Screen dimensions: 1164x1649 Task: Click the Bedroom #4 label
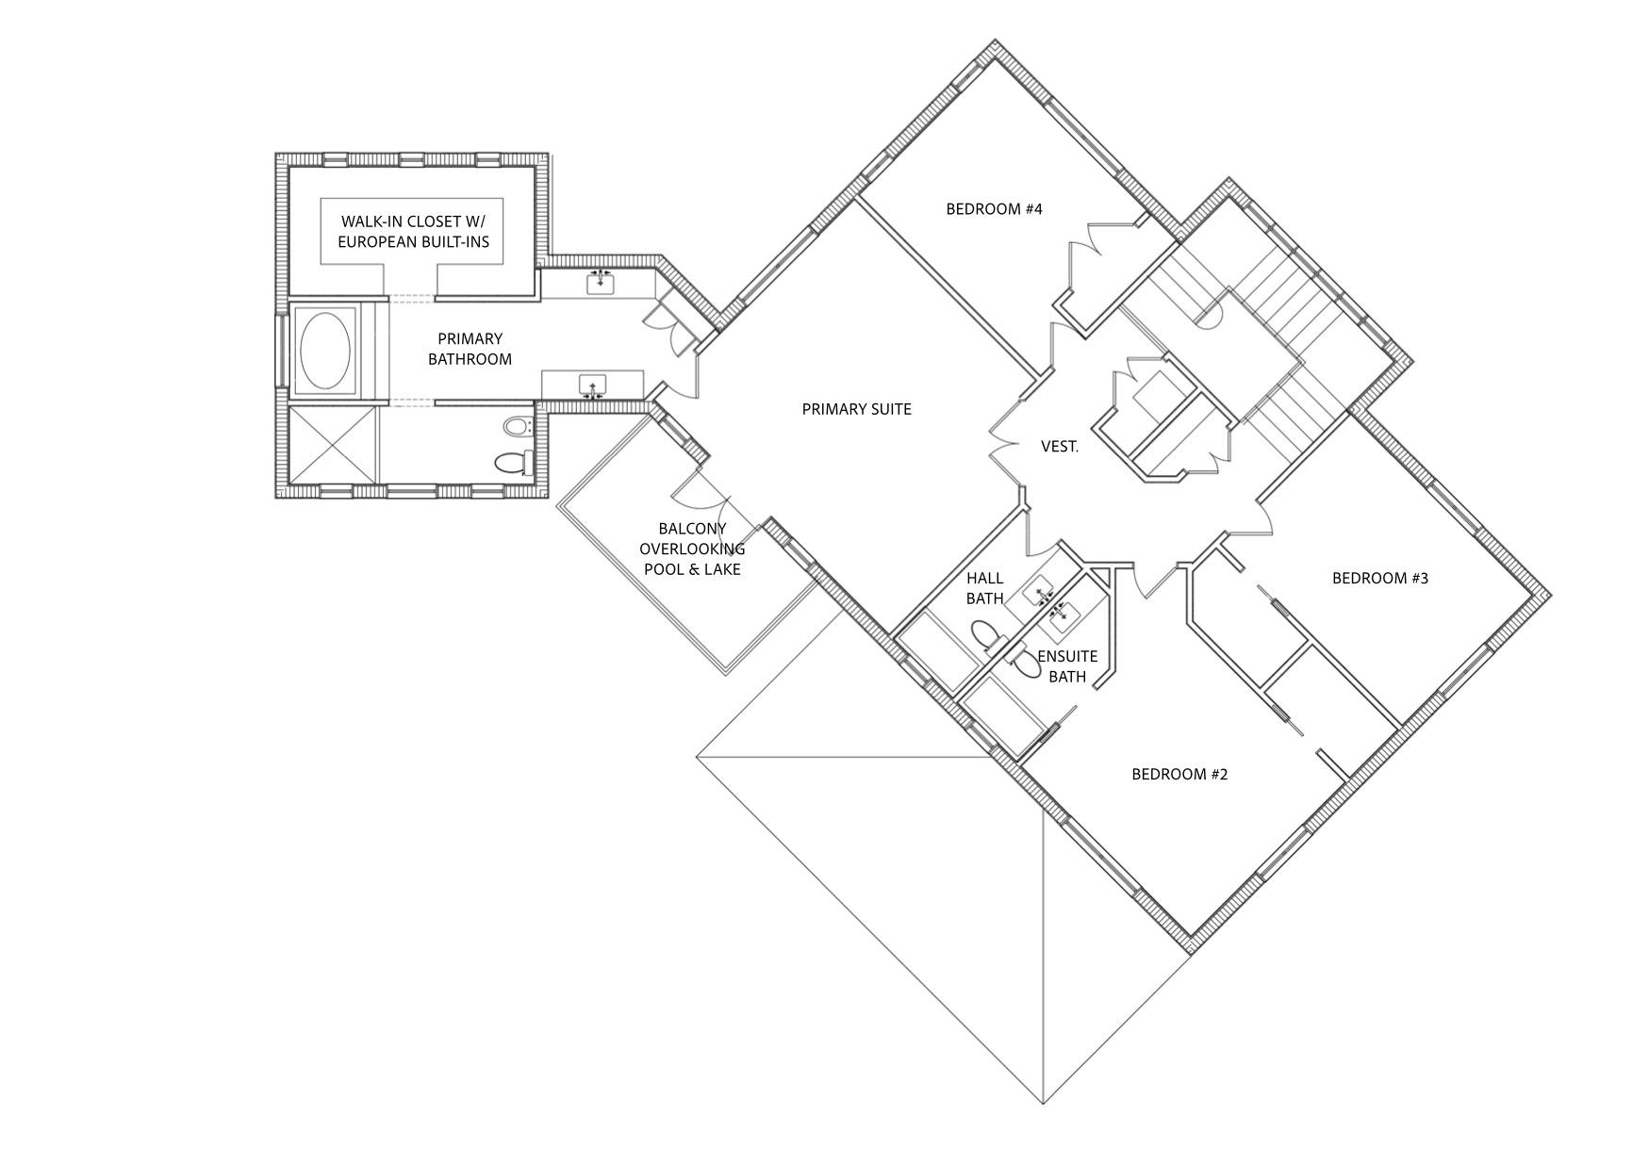[x=994, y=209]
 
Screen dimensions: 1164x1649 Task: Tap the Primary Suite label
[x=856, y=409]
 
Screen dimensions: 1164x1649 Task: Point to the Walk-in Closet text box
[x=413, y=232]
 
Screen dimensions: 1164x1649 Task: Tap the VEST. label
[x=1060, y=447]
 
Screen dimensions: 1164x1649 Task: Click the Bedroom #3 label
[x=1379, y=578]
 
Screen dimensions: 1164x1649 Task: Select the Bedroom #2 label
[x=1179, y=774]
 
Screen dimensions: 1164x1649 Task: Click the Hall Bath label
[x=984, y=588]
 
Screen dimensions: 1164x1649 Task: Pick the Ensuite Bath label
[x=1067, y=666]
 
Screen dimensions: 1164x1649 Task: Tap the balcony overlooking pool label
[x=692, y=549]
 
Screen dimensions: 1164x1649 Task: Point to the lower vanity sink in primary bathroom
[x=592, y=387]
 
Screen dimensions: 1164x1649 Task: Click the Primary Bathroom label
[x=470, y=349]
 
